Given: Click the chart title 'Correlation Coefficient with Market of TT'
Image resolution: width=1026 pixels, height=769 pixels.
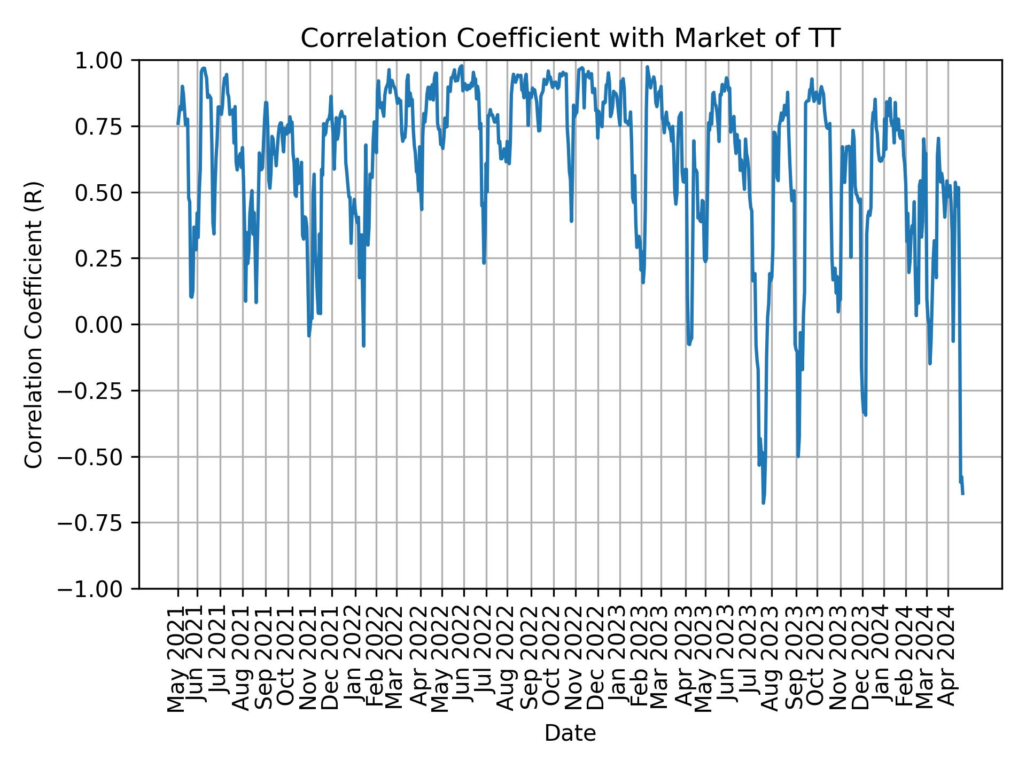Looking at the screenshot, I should click(570, 38).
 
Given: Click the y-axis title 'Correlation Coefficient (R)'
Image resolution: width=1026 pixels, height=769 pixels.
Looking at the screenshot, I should click(34, 325).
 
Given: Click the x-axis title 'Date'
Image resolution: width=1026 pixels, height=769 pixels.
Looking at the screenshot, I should click(570, 734).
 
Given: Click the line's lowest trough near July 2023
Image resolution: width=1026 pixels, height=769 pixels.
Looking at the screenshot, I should click(763, 503).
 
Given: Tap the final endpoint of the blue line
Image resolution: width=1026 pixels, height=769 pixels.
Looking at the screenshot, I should click(963, 494).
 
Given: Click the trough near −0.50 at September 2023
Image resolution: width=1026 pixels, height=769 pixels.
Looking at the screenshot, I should click(798, 457).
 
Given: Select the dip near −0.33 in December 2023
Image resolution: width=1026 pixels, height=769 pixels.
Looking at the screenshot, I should click(865, 414).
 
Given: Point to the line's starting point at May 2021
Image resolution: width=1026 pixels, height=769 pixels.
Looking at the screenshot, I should click(178, 124).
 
